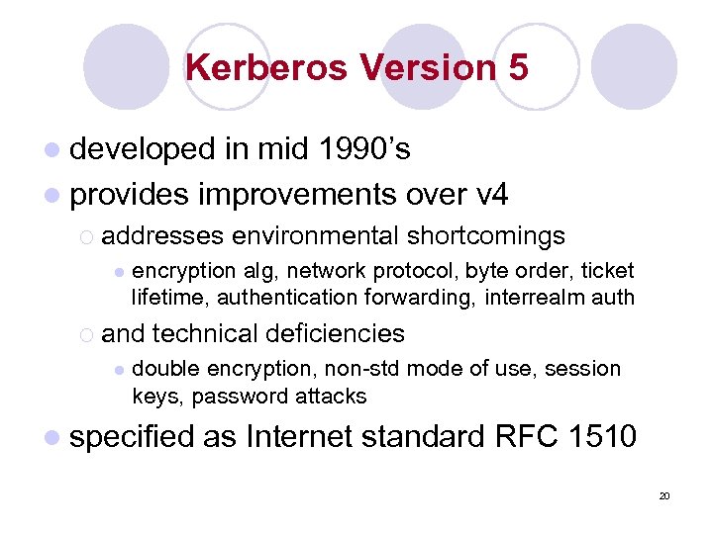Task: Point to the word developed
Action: [x=143, y=148]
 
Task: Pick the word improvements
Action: [x=297, y=194]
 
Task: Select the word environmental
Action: [x=314, y=235]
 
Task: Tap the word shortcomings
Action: [x=485, y=235]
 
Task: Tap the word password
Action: [x=238, y=396]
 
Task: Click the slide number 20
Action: [x=664, y=495]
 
